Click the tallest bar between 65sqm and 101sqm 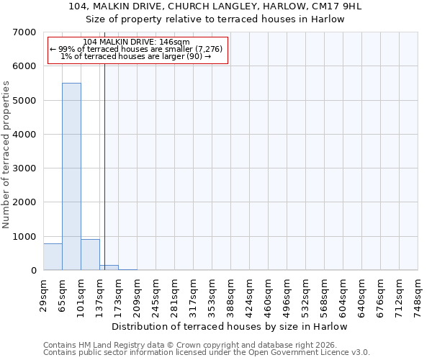(71, 176)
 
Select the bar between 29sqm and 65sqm (53, 257)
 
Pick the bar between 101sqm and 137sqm (90, 255)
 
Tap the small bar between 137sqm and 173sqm (109, 268)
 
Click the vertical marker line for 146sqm (105, 158)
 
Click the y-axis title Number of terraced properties (6, 154)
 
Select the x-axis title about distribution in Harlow (230, 326)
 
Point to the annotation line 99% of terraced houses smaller (137, 49)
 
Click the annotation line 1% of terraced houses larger (137, 56)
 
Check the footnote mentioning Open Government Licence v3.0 (207, 353)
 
